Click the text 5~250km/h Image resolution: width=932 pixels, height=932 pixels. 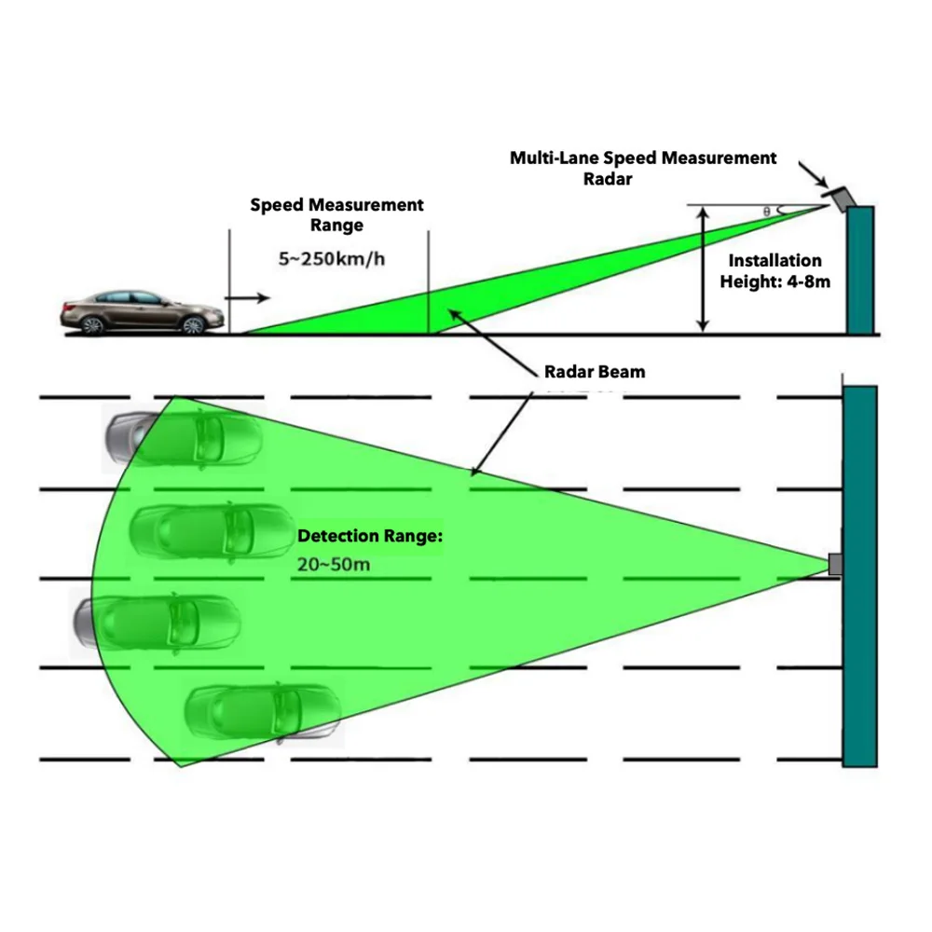click(x=332, y=258)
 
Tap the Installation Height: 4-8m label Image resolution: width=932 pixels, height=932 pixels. click(x=774, y=270)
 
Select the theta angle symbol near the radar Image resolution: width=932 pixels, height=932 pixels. click(x=767, y=212)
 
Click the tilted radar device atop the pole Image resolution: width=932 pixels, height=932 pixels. click(x=837, y=198)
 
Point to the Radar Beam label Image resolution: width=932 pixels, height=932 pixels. click(x=595, y=372)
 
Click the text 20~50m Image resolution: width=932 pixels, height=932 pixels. click(x=334, y=564)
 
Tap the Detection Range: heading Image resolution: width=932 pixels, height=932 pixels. click(x=370, y=536)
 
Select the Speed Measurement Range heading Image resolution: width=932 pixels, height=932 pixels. click(x=336, y=214)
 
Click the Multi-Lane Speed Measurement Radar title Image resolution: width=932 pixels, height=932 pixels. click(x=642, y=168)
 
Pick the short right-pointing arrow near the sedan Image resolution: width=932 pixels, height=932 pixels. click(x=248, y=298)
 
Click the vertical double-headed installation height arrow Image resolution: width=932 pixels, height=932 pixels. click(x=703, y=268)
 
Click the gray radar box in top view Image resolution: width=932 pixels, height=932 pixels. click(x=835, y=564)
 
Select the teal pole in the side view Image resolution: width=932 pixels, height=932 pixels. click(x=860, y=270)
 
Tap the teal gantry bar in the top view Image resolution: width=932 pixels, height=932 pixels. click(x=859, y=577)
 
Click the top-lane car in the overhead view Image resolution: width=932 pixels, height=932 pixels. click(x=183, y=439)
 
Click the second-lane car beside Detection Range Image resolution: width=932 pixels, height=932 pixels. click(x=212, y=531)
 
